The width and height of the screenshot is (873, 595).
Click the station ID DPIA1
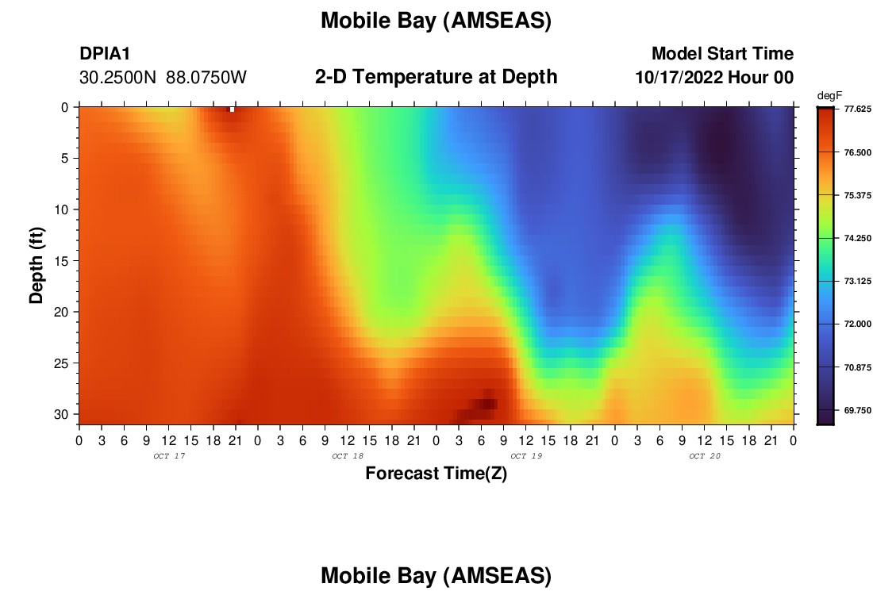[x=105, y=53]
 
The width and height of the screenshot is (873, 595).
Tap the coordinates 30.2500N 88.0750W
[x=163, y=78]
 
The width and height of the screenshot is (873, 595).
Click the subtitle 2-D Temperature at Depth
[x=436, y=77]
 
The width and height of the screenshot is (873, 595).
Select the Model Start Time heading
[x=722, y=53]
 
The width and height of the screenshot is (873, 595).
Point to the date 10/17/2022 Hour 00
[x=714, y=78]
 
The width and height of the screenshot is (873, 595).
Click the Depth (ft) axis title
[x=37, y=266]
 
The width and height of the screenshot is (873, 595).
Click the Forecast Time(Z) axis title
[x=436, y=474]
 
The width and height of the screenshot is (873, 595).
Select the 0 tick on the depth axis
[x=64, y=107]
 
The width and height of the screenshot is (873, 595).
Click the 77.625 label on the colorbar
[x=857, y=109]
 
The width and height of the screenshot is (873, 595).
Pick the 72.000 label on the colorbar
[x=857, y=324]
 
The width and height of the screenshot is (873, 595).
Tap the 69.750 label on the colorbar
[x=857, y=411]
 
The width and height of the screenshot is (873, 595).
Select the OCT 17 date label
[x=169, y=456]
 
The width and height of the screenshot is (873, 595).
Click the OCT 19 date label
[x=526, y=456]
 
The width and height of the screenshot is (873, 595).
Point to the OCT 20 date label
[x=705, y=456]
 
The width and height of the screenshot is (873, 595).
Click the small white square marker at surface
[x=233, y=109]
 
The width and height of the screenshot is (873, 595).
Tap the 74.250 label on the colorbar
[x=857, y=238]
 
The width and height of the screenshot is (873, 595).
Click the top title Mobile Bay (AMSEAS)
[x=436, y=21]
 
